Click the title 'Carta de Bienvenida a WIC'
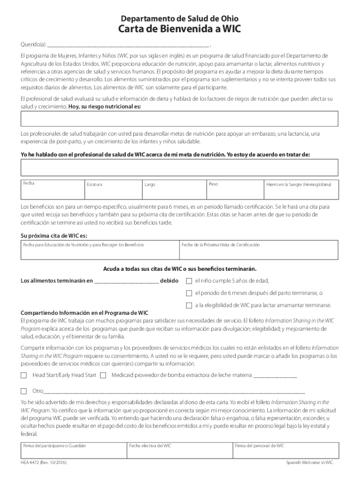point(180,31)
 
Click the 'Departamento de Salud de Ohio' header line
point(180,19)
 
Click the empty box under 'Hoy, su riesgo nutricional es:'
point(180,119)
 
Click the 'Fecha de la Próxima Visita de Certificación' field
point(259,249)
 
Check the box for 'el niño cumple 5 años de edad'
point(189,281)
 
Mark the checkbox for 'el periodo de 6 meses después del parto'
point(189,293)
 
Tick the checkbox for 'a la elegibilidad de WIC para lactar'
point(189,305)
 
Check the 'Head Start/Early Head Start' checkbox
point(23,375)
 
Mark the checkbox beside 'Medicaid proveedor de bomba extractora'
point(103,375)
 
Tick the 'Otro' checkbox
point(23,391)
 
